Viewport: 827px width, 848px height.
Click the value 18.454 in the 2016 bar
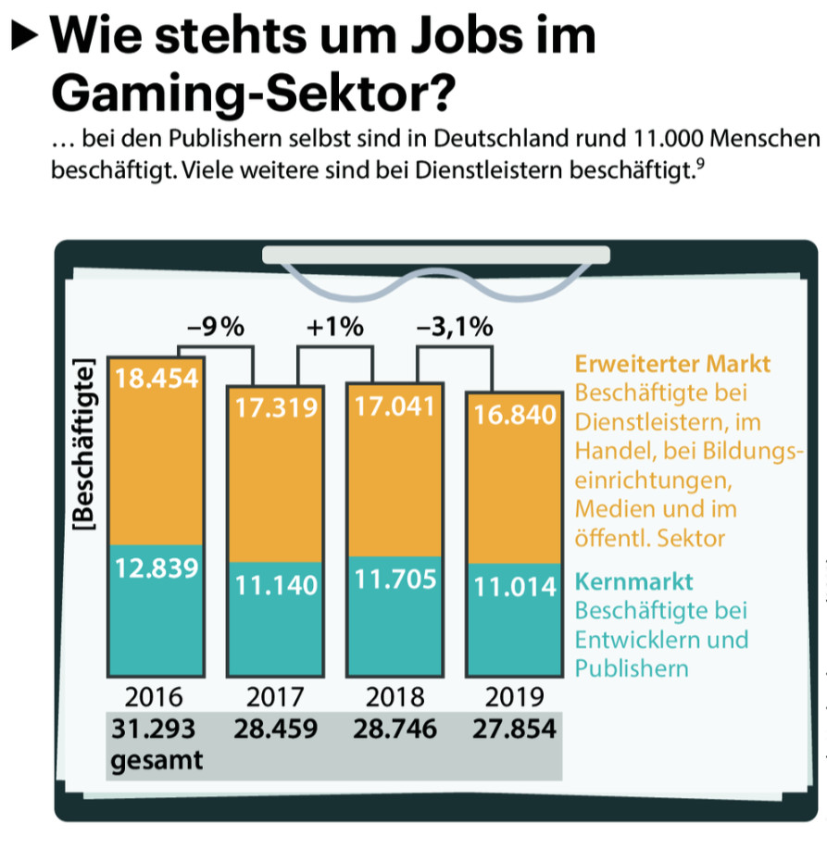pos(157,380)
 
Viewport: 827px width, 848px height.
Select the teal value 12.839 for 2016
pos(157,567)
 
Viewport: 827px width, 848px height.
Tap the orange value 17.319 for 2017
pos(275,407)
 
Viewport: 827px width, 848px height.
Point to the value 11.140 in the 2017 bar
pos(275,585)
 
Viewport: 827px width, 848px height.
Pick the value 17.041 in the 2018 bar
pos(395,407)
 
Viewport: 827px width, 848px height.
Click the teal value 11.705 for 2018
pos(395,583)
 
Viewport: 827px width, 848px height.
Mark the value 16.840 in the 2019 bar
pos(514,416)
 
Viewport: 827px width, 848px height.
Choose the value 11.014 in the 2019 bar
pos(514,586)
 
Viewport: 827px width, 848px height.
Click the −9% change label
pos(215,328)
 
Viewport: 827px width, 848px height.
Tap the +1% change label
pos(335,328)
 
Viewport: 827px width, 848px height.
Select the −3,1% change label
pos(455,328)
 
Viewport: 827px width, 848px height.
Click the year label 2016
pos(156,697)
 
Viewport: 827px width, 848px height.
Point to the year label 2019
pos(514,697)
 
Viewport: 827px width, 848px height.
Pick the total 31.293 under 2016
pos(154,730)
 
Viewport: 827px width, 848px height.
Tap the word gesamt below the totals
pos(156,762)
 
